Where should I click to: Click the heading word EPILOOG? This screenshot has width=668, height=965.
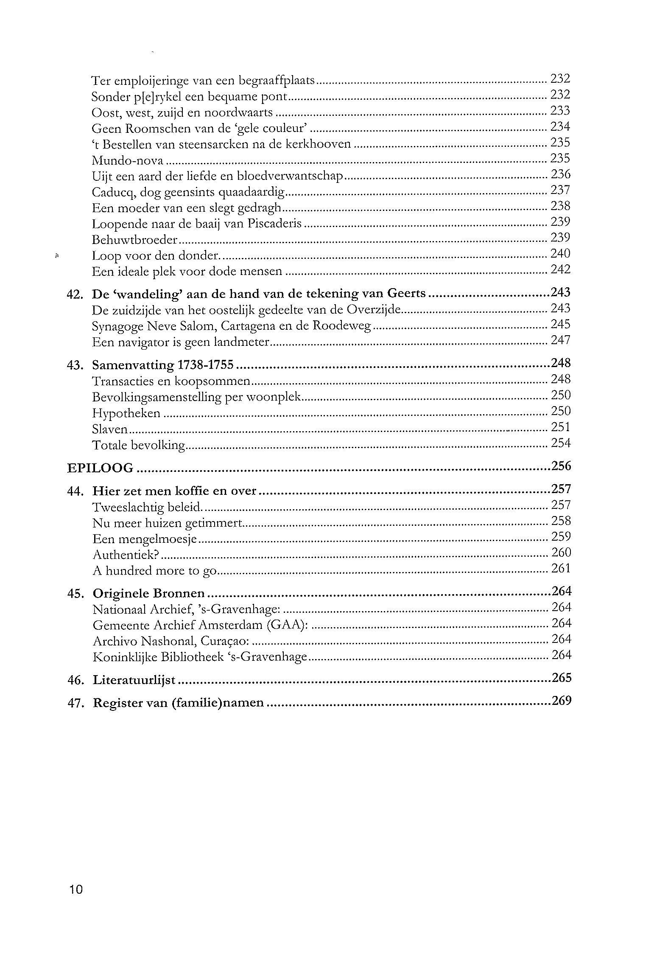point(101,468)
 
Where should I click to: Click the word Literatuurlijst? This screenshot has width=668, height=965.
point(134,680)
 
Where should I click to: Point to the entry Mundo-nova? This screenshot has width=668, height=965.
point(128,161)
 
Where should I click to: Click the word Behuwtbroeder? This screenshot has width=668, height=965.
point(134,240)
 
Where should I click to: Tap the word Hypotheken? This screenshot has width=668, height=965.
point(126,413)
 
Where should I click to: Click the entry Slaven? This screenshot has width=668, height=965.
point(110,429)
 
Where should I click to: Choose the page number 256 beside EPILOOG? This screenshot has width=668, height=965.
point(562,466)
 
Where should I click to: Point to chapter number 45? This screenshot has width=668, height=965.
point(75,594)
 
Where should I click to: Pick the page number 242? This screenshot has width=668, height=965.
point(561,269)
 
